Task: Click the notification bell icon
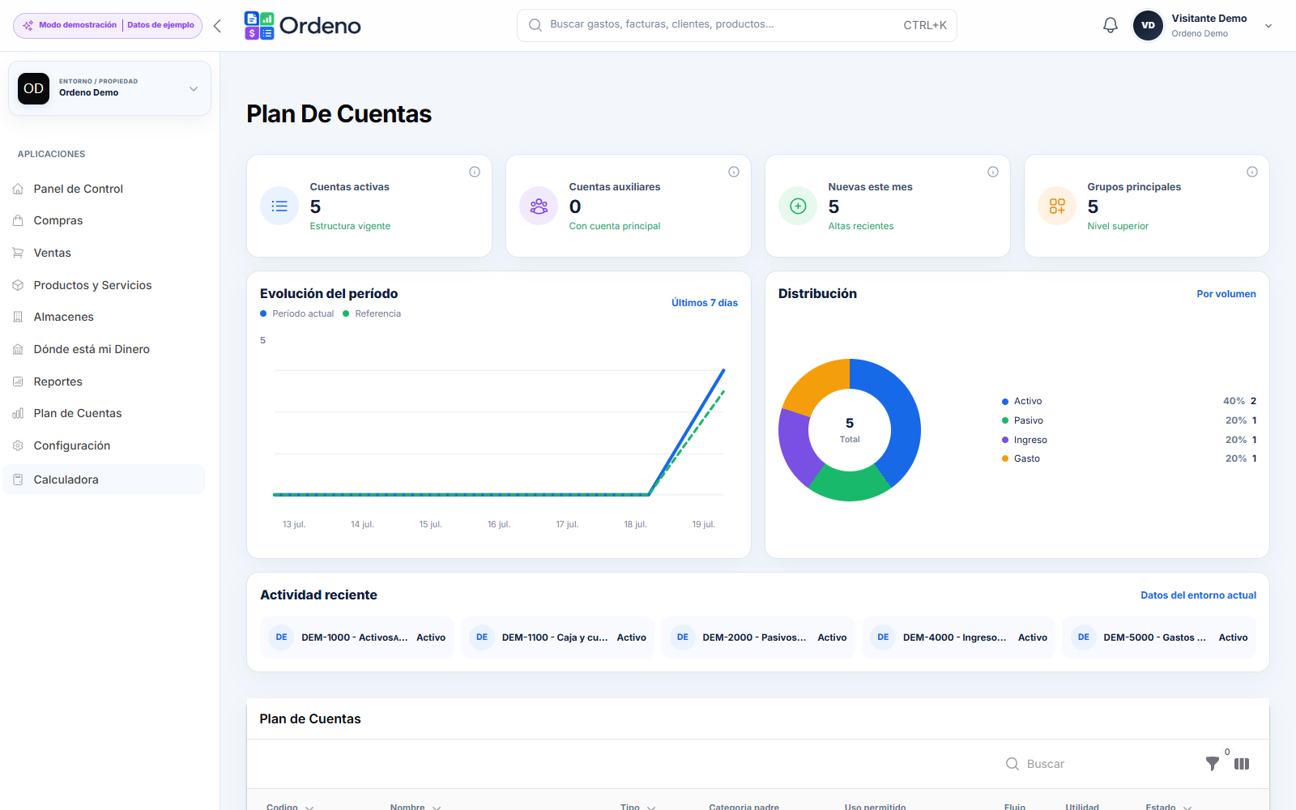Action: coord(1110,25)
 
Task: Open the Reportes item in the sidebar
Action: coord(58,382)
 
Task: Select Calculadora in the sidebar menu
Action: coord(66,480)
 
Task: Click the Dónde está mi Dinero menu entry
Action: coord(92,349)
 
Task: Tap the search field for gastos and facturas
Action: coord(736,25)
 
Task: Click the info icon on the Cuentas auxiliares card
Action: coord(734,172)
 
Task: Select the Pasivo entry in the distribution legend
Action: coord(1028,420)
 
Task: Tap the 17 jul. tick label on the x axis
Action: coord(567,524)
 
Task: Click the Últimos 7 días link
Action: coord(704,303)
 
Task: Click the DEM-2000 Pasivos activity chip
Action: coord(758,637)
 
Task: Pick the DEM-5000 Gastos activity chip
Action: coord(1159,637)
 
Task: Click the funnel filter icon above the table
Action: coord(1212,764)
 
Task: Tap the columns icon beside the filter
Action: coord(1242,764)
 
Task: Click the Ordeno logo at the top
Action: coord(302,25)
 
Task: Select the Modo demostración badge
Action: coord(108,25)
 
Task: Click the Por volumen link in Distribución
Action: coord(1226,294)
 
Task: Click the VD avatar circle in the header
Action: coord(1148,25)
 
